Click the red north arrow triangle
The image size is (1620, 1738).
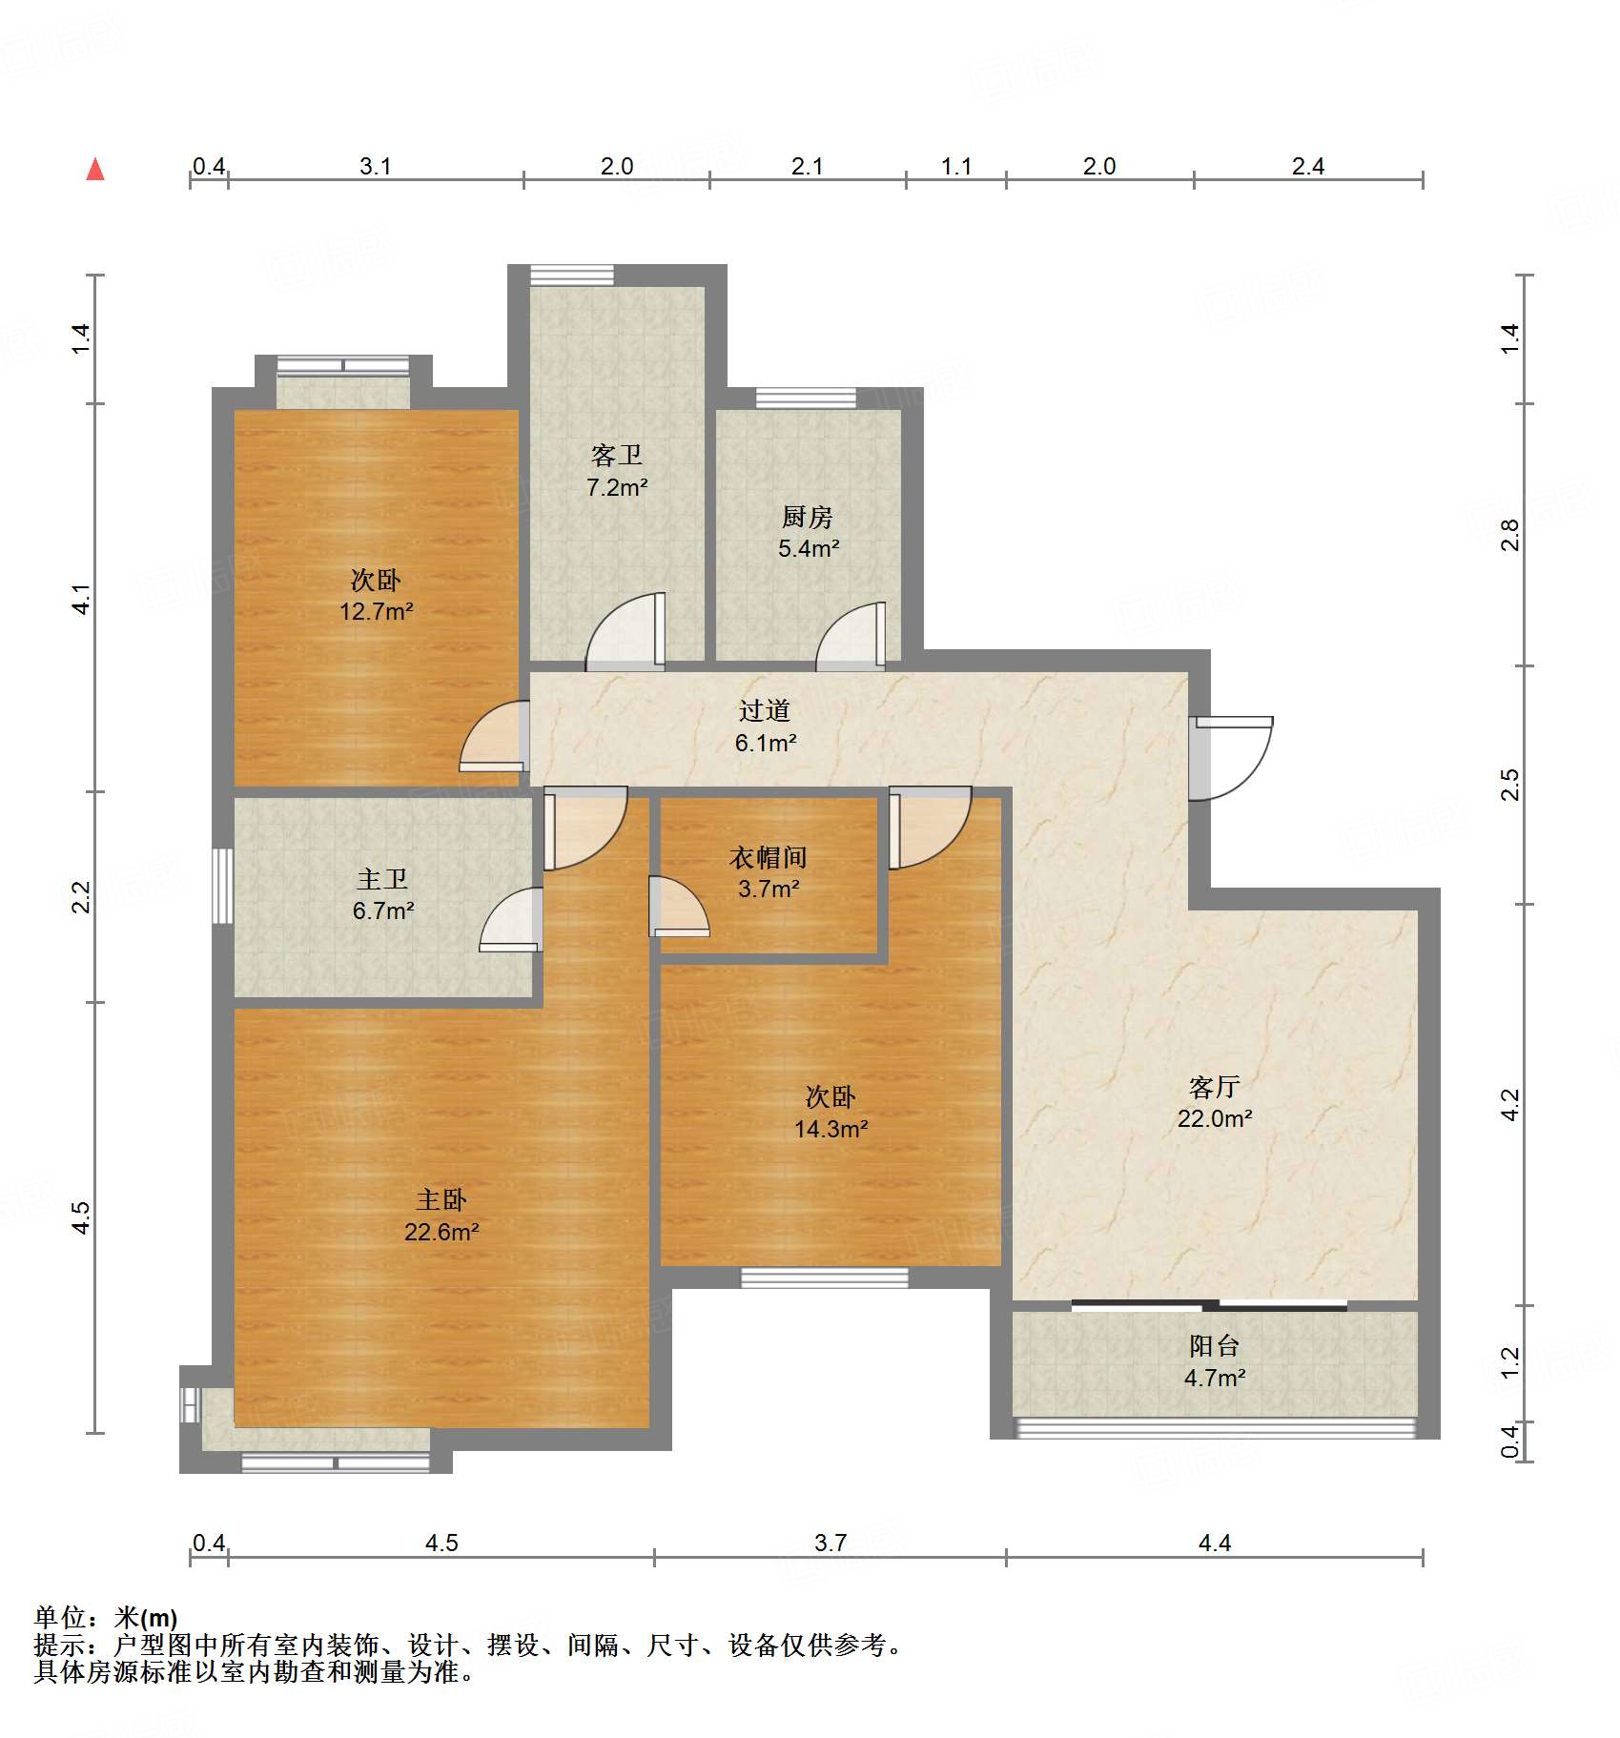(x=95, y=170)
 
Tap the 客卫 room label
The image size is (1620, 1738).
(x=617, y=456)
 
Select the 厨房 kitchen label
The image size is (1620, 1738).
(x=808, y=517)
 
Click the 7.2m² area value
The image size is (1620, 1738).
(x=617, y=487)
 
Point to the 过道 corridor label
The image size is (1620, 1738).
(x=765, y=710)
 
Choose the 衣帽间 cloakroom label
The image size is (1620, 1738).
(x=769, y=857)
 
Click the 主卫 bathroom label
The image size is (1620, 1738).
(x=382, y=878)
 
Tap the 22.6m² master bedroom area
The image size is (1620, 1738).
(x=441, y=1232)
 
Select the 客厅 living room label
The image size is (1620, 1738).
(x=1215, y=1087)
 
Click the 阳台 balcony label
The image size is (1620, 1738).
(x=1215, y=1346)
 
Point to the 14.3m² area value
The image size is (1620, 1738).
(x=831, y=1129)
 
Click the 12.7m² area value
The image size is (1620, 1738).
(x=377, y=611)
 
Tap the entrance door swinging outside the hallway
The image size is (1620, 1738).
(x=1231, y=759)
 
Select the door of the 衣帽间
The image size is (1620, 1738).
(x=679, y=906)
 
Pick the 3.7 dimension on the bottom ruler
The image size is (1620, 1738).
(x=831, y=1543)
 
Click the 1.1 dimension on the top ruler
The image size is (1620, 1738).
(x=956, y=166)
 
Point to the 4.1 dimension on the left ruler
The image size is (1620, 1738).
(x=82, y=599)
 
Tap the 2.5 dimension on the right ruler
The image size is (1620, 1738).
(x=1509, y=785)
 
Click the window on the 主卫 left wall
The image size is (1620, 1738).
(x=222, y=886)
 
